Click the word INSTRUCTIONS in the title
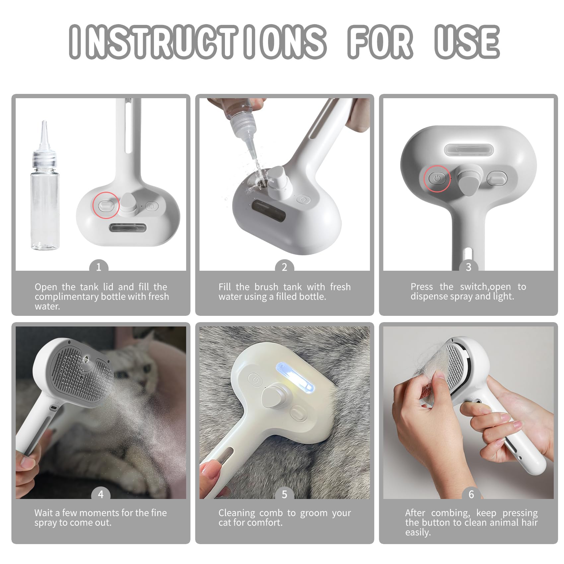(x=198, y=42)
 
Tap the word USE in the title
(x=467, y=42)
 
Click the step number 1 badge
(x=99, y=267)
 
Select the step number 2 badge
(x=284, y=267)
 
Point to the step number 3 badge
(x=468, y=267)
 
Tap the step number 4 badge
(x=101, y=494)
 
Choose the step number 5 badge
(x=284, y=494)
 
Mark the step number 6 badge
(x=471, y=494)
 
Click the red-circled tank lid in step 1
(x=106, y=205)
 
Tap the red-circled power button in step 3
(x=437, y=178)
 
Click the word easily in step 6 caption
(x=418, y=533)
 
